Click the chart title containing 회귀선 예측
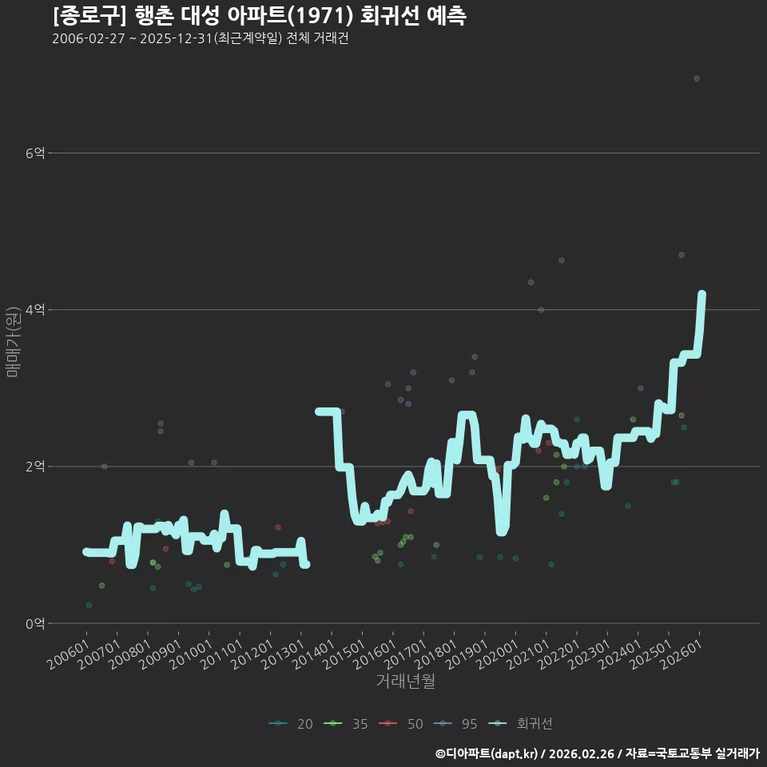click(259, 16)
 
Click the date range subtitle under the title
click(200, 38)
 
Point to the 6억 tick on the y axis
click(35, 153)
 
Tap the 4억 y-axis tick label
click(35, 310)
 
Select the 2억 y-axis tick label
click(35, 466)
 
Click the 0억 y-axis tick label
click(35, 623)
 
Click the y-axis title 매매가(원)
click(12, 342)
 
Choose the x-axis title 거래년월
click(406, 681)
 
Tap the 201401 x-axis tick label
click(312, 654)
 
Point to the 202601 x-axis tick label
click(681, 654)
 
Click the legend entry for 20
click(291, 724)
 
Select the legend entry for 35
click(346, 724)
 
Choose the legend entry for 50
click(401, 724)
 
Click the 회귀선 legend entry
click(521, 724)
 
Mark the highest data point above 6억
click(697, 79)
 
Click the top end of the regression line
click(702, 293)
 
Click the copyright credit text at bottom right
click(598, 753)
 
